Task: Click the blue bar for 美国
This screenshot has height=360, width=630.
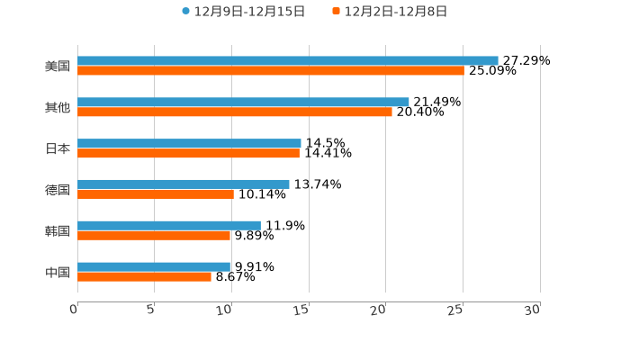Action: (288, 60)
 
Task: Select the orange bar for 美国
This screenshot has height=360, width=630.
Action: (270, 70)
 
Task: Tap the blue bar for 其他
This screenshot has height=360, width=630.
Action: (243, 102)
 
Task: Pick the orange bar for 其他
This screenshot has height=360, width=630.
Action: (235, 112)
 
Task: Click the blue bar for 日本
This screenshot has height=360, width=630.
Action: (189, 143)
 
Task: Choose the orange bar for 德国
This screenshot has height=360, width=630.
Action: (156, 193)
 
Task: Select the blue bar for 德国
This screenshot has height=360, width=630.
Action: (184, 184)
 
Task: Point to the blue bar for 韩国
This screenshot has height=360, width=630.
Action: (169, 225)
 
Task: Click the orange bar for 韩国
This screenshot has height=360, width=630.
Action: (154, 235)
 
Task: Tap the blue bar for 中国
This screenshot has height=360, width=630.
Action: (154, 266)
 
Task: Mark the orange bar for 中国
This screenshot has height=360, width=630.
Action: (144, 276)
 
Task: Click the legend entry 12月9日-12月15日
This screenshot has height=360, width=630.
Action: (243, 12)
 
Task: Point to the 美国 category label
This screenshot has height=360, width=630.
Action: (57, 66)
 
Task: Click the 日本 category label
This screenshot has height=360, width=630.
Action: (57, 148)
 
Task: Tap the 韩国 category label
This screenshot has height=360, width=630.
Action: (57, 230)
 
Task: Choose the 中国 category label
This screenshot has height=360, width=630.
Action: (57, 272)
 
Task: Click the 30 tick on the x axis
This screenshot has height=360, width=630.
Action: (533, 310)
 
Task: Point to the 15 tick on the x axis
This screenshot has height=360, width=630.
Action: (302, 310)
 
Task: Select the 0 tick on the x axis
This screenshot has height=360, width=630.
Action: (74, 310)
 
